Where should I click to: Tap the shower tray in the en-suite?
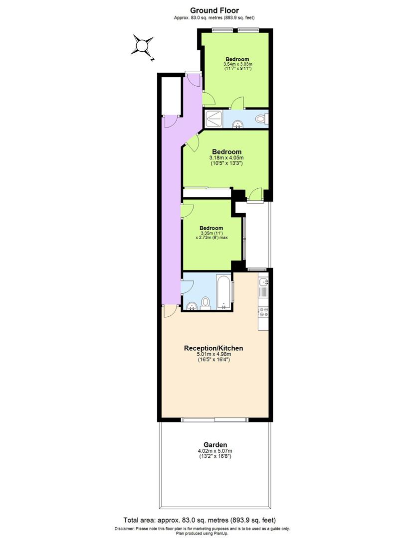tap(214, 118)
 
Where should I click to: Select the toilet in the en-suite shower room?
tap(260, 119)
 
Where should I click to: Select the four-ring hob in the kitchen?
tap(263, 312)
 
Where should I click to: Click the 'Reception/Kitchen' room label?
tap(213, 348)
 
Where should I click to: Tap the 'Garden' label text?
tap(215, 445)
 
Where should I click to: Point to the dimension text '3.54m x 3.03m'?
tap(238, 64)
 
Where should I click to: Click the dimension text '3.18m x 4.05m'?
tap(226, 158)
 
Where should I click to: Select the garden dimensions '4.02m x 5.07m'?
tap(215, 452)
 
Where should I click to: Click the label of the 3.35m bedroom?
tap(211, 228)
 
